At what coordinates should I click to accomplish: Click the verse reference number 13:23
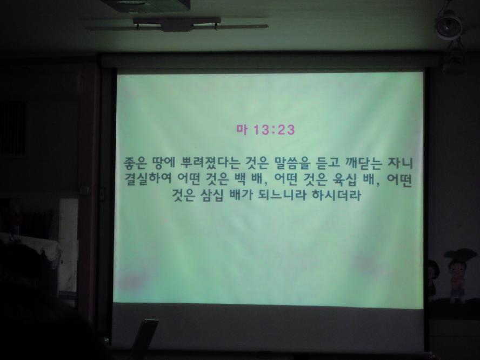pyautogui.click(x=274, y=130)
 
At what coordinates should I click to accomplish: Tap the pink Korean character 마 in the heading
pyautogui.click(x=242, y=130)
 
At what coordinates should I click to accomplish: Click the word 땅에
pyautogui.click(x=163, y=163)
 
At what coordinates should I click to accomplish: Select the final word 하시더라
pyautogui.click(x=336, y=196)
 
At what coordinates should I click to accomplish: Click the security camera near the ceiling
pyautogui.click(x=449, y=25)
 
